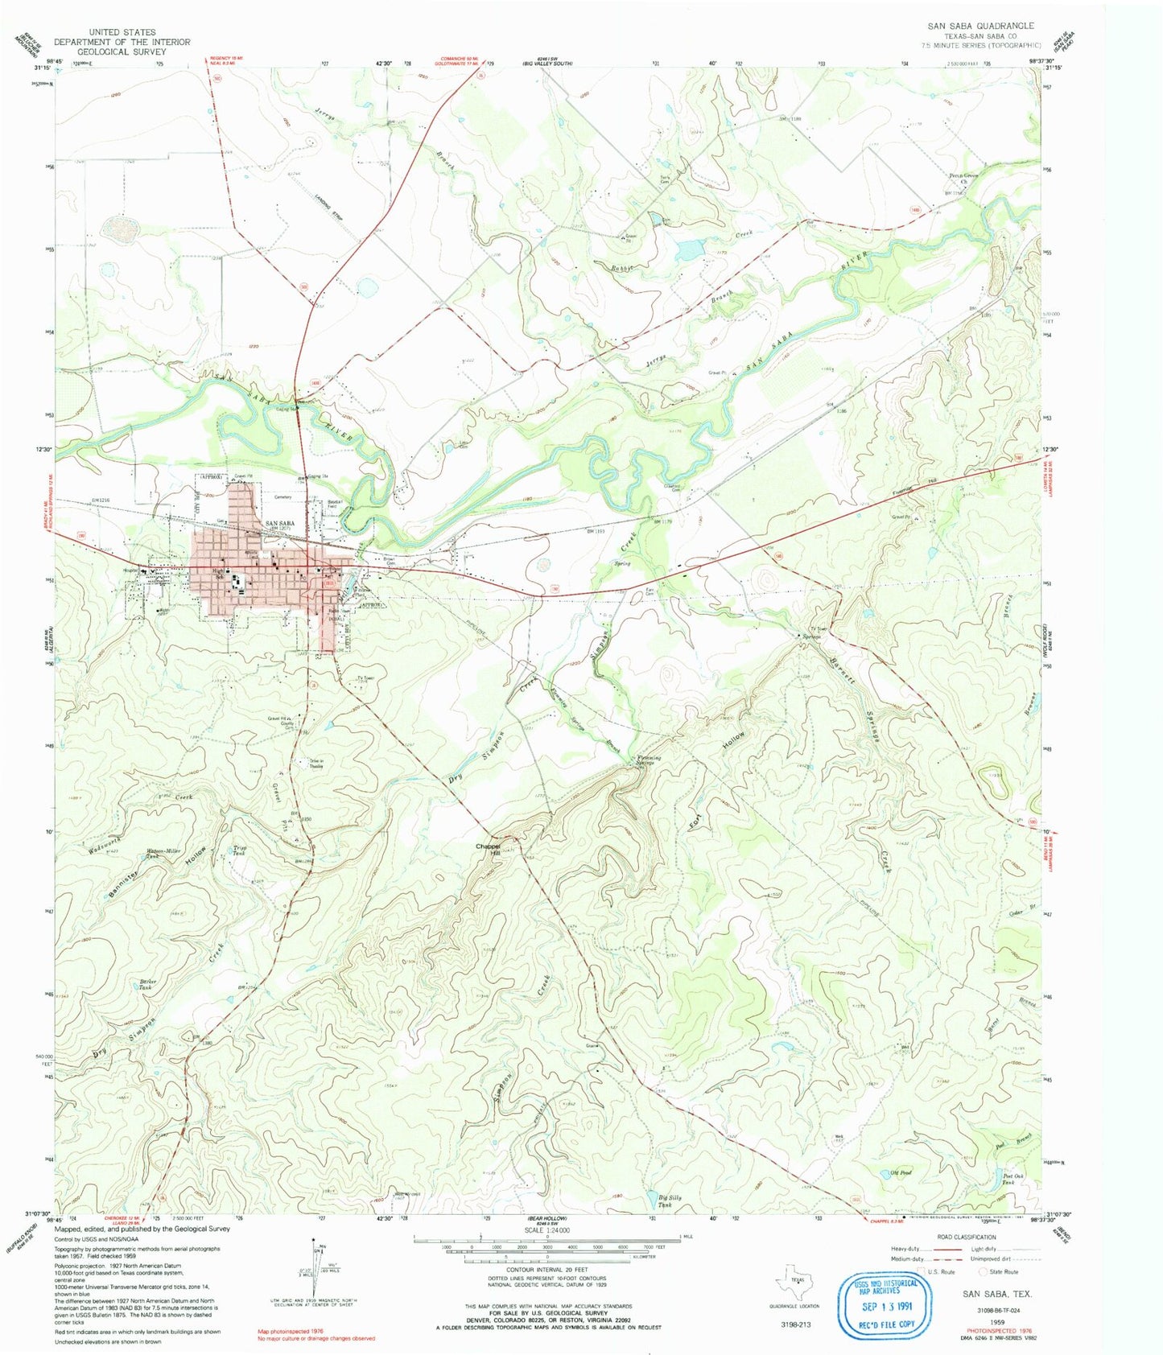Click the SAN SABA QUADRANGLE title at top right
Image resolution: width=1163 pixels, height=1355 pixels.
[x=980, y=26]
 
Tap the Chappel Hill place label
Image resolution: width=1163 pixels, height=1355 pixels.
[x=488, y=849]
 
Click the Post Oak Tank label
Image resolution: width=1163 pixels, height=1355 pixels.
[x=1012, y=1178]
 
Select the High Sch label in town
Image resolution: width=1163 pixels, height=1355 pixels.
[x=218, y=575]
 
